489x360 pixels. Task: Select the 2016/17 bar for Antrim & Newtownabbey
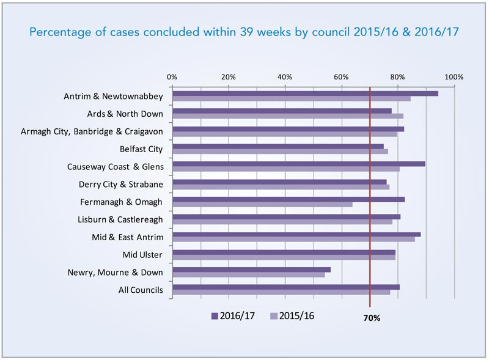(305, 94)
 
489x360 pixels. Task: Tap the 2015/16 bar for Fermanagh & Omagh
(262, 204)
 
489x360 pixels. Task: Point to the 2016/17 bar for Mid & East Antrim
(296, 234)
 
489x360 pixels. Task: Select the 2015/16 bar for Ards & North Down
(287, 116)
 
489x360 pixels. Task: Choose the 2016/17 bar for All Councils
(285, 287)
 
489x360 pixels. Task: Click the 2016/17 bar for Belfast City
(278, 146)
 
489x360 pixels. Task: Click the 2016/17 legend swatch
(215, 316)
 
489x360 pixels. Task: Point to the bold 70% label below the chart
(370, 318)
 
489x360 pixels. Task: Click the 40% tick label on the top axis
(285, 78)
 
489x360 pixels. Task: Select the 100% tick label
(454, 78)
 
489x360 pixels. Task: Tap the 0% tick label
(172, 78)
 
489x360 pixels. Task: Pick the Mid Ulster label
(142, 254)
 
